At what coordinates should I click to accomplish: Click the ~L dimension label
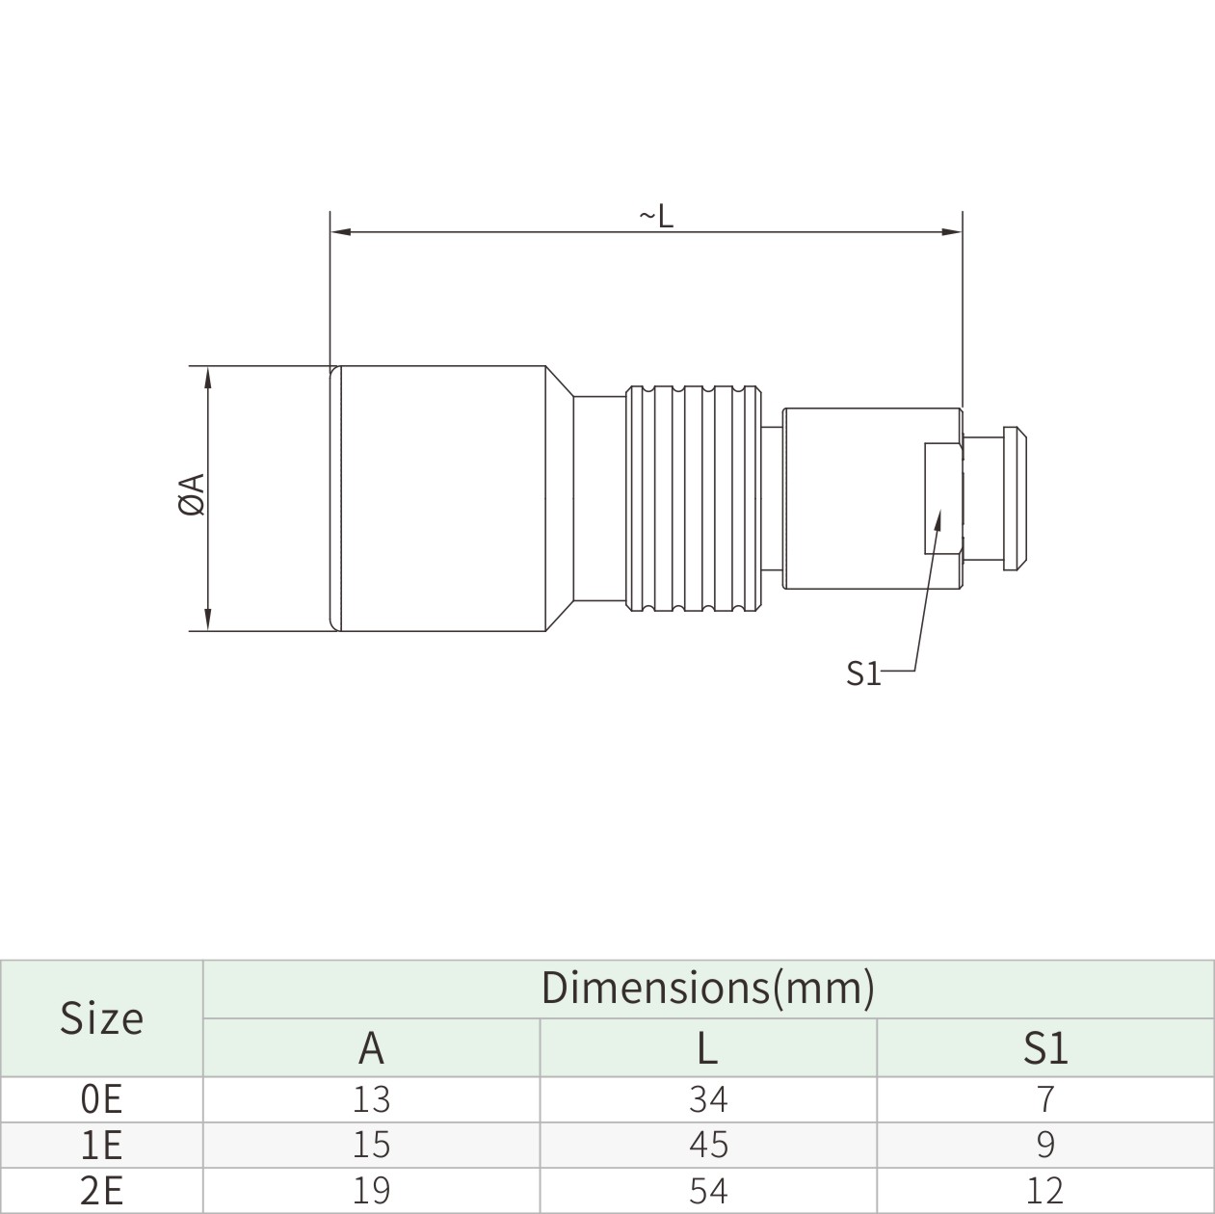pos(656,217)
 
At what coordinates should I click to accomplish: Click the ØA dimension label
pos(192,494)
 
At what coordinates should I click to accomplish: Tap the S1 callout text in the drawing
pos(863,673)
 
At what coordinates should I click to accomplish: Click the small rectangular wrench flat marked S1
pos(941,497)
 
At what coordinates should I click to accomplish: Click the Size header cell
pos(101,1018)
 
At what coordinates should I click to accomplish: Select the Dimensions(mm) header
pos(707,988)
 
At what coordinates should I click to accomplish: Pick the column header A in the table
pos(371,1047)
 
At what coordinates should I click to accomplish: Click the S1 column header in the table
pos(1045,1047)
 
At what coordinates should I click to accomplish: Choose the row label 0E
pos(101,1098)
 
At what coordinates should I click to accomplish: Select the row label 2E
pos(101,1191)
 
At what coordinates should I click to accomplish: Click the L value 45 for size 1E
pos(708,1145)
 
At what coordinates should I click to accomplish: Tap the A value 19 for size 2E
pos(371,1191)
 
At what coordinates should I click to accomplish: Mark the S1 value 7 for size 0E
pos(1045,1098)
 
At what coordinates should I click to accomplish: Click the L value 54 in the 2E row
pos(708,1191)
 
